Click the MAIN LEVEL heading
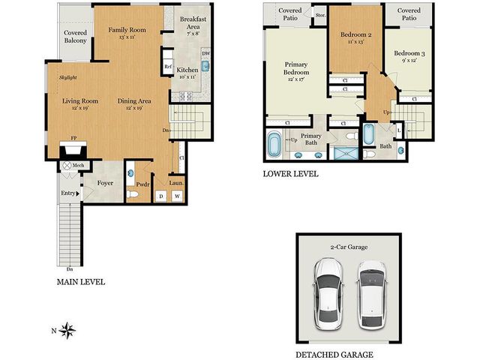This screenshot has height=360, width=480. [x=81, y=282]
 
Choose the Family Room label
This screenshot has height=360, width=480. [x=126, y=30]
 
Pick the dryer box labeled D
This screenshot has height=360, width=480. [x=160, y=196]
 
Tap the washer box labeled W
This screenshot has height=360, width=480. [x=178, y=196]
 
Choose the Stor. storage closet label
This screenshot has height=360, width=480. [x=320, y=13]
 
